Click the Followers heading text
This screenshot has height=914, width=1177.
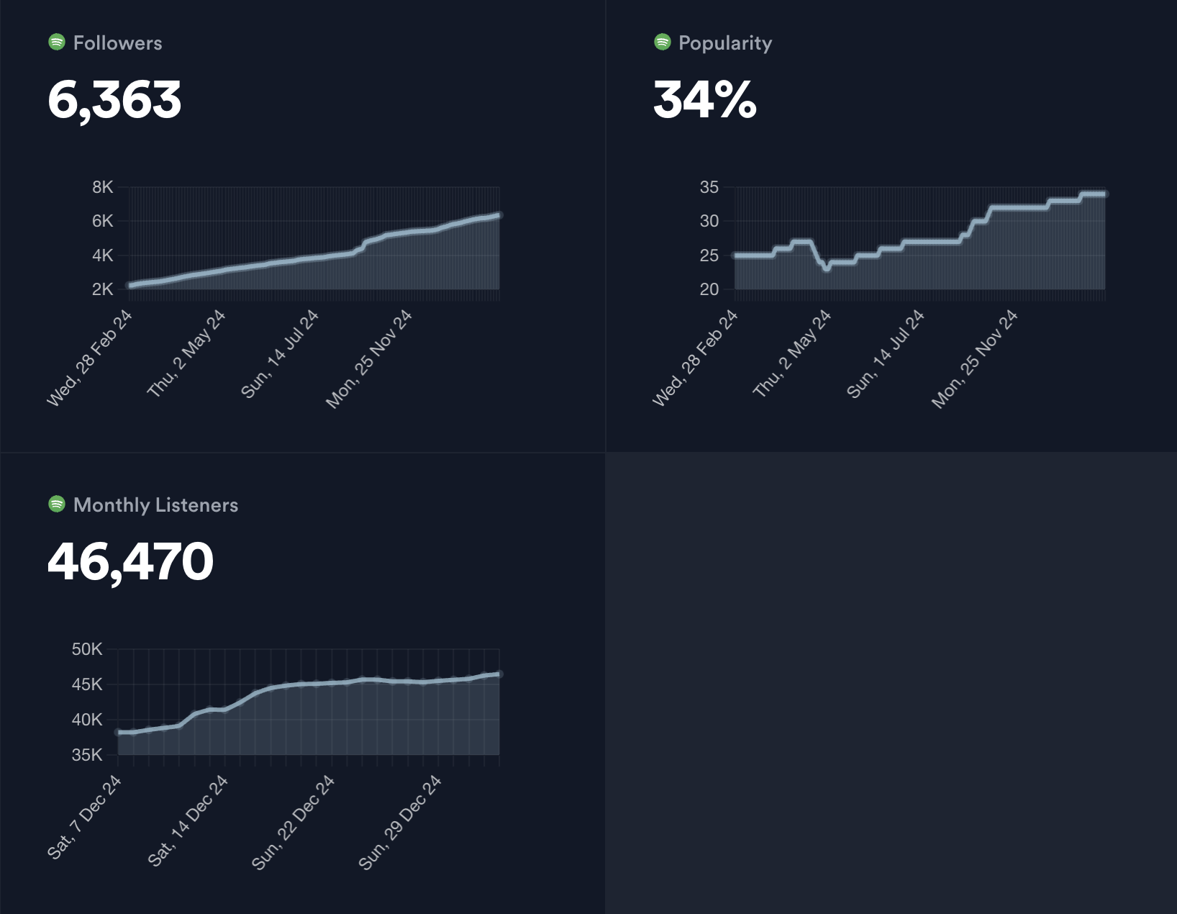[x=117, y=43]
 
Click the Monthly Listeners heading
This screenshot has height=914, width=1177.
[x=155, y=505]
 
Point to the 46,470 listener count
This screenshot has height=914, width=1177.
[x=130, y=561]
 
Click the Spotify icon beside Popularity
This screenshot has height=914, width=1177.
[x=662, y=42]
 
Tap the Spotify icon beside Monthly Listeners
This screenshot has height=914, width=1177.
[x=57, y=504]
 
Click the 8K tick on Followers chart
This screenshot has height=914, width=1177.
[x=103, y=187]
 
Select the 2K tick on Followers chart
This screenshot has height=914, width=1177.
[x=103, y=289]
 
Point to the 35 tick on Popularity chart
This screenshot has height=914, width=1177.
[x=709, y=187]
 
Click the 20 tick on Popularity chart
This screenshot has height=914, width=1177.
[x=709, y=289]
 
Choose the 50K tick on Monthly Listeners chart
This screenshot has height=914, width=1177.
[x=87, y=649]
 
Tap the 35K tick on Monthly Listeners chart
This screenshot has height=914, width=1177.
[x=87, y=755]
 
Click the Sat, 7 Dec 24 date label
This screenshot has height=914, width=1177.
[x=84, y=818]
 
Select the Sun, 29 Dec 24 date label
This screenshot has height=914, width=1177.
[x=400, y=823]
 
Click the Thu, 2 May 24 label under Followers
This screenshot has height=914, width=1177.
[x=186, y=354]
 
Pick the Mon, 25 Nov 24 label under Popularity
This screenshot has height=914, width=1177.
[x=975, y=359]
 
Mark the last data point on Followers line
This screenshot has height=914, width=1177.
[x=499, y=215]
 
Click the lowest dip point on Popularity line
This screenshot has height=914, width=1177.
[x=827, y=268]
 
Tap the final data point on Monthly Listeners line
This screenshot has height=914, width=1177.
[x=499, y=674]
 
